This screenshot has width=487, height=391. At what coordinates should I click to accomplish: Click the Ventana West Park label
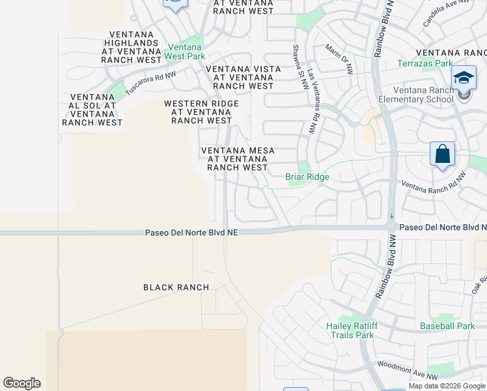[186, 52]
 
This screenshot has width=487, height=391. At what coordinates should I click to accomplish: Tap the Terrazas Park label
[425, 64]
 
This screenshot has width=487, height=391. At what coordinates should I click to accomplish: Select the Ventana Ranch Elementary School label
[423, 94]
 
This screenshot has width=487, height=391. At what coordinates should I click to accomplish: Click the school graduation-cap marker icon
[464, 79]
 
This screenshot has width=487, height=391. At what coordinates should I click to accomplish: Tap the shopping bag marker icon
[442, 155]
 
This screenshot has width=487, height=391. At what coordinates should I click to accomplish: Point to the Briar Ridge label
[307, 177]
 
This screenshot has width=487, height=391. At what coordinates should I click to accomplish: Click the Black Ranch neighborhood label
[176, 287]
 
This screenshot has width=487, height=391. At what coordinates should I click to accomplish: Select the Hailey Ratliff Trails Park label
[350, 330]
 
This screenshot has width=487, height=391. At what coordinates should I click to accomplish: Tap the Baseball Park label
[447, 326]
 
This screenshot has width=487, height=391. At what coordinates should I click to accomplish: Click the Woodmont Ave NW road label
[408, 371]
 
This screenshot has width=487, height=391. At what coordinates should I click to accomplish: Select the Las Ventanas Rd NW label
[313, 102]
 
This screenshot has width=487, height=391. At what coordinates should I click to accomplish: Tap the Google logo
[21, 383]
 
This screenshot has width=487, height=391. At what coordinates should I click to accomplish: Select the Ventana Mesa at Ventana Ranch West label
[238, 159]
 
